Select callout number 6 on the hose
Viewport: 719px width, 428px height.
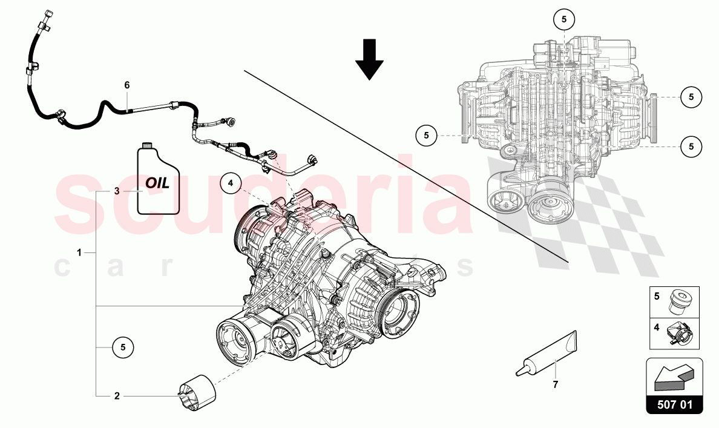127,85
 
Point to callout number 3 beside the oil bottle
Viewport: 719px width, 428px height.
118,191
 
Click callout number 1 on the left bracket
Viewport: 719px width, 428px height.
79,251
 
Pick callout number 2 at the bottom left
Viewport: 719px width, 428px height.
117,397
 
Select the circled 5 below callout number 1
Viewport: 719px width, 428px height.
122,347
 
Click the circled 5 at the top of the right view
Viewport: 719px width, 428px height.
563,19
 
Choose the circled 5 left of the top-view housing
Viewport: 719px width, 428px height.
426,135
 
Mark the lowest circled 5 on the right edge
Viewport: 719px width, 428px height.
691,145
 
